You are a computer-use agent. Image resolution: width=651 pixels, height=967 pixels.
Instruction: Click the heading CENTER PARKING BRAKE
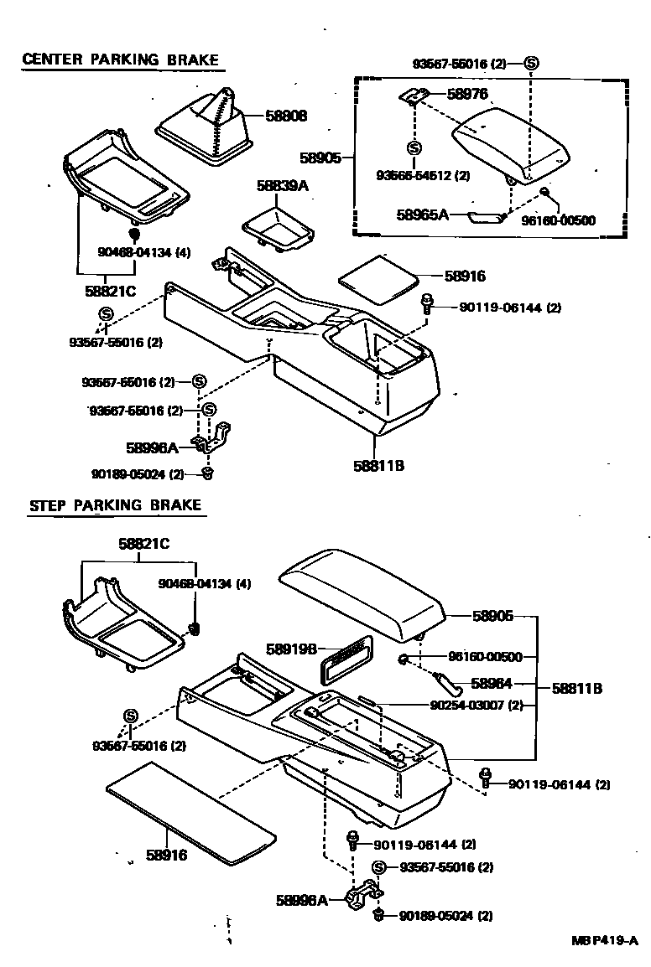[x=120, y=59]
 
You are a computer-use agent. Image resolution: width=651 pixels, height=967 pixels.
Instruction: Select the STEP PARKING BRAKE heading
[x=115, y=505]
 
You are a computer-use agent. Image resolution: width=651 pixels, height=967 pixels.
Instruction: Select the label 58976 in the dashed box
[x=466, y=95]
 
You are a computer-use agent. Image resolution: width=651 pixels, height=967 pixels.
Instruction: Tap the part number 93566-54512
[x=423, y=175]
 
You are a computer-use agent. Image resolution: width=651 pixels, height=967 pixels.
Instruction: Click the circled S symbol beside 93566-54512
[x=414, y=148]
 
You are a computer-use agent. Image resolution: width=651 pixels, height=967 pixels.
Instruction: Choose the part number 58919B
[x=290, y=648]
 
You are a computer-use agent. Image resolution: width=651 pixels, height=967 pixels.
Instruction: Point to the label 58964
[x=492, y=683]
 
